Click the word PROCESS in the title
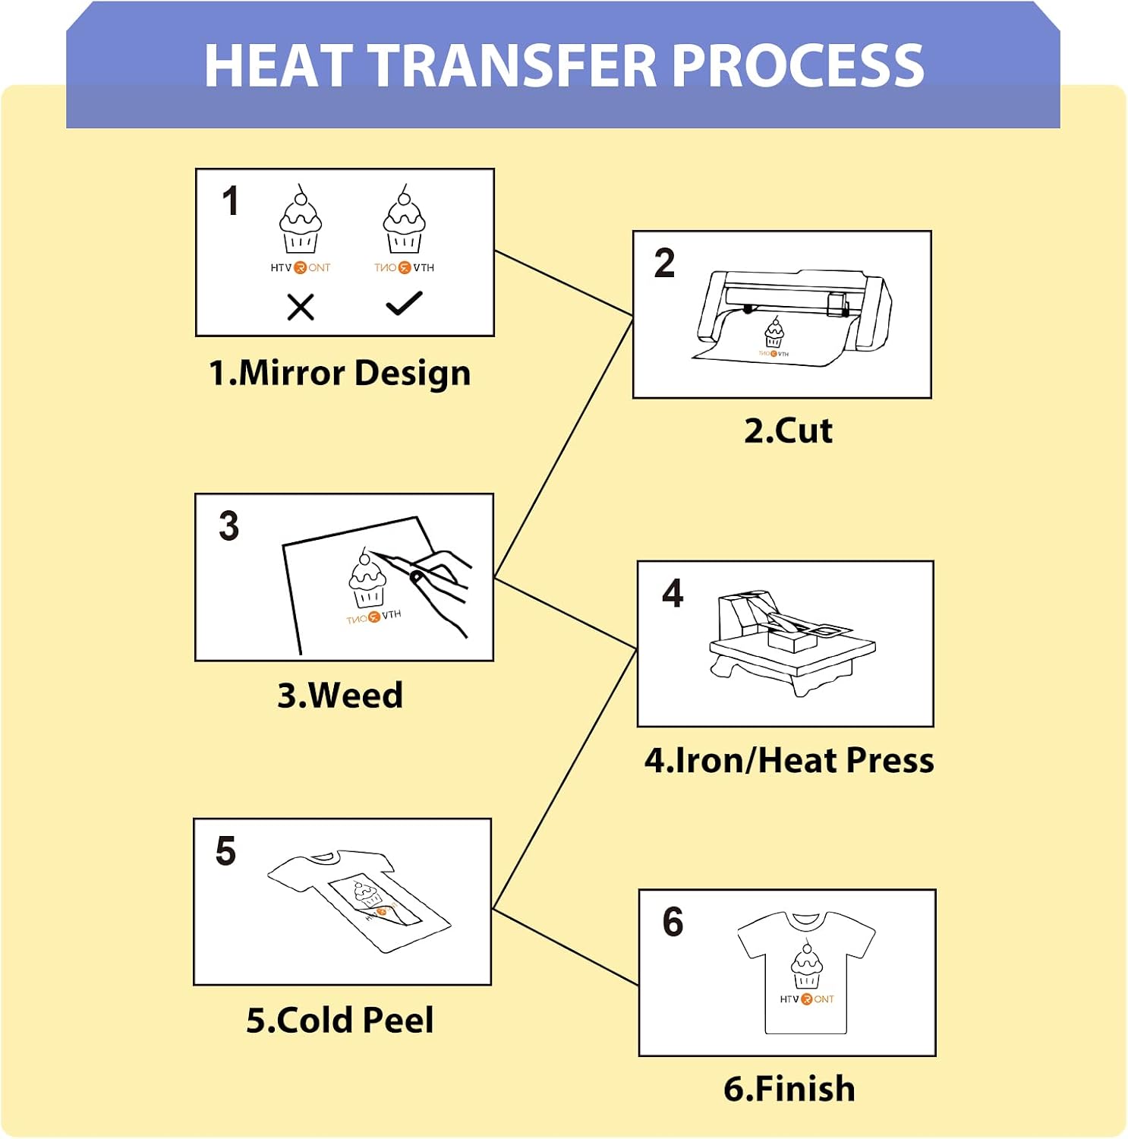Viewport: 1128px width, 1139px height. click(798, 65)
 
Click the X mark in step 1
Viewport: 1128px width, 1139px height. click(301, 308)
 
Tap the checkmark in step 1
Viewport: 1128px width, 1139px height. click(404, 303)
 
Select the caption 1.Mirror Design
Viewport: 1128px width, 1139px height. click(339, 374)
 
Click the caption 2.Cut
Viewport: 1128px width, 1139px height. click(788, 431)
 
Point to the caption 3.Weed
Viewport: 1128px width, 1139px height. click(339, 695)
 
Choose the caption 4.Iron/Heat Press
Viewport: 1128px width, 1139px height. click(789, 760)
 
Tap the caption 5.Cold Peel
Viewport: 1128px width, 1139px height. click(339, 1020)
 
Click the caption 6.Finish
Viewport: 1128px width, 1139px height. click(789, 1088)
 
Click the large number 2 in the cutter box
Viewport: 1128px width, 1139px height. click(664, 263)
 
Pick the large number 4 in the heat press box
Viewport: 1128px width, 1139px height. click(673, 592)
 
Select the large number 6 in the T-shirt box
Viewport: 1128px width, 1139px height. click(673, 921)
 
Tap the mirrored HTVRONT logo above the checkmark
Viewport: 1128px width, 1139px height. click(404, 267)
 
